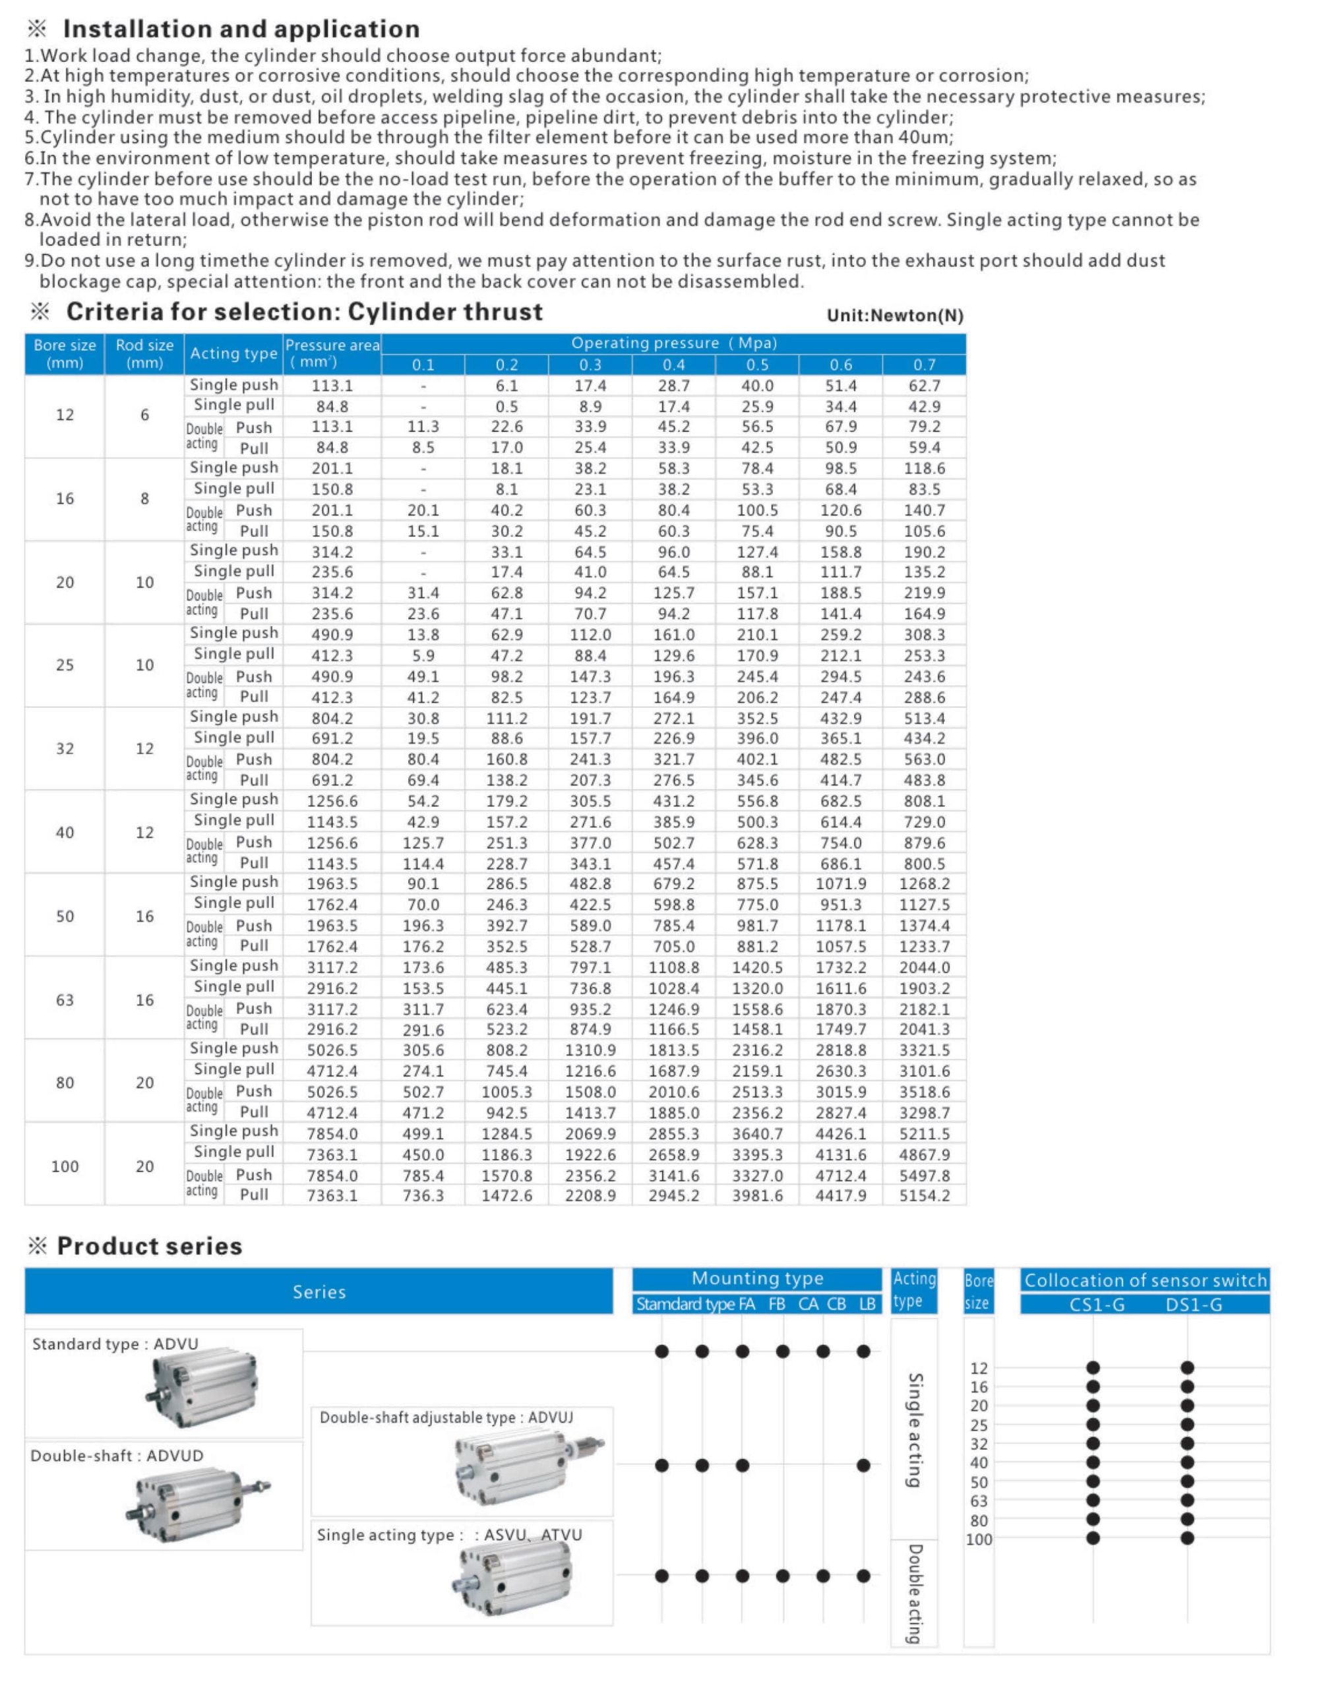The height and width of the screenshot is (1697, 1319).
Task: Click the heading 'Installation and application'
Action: [241, 29]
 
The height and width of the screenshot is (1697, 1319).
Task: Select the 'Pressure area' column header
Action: [332, 353]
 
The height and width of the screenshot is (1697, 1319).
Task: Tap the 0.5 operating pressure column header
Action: [757, 365]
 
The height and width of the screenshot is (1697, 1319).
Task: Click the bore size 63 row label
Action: [65, 999]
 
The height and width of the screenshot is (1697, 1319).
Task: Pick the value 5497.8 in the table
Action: [924, 1175]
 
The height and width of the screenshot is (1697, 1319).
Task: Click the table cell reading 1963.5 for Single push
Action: [332, 883]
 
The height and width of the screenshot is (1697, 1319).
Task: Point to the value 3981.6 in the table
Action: [757, 1196]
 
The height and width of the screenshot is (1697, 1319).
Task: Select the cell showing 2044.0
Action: [924, 967]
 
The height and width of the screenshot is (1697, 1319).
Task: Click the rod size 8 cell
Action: [144, 499]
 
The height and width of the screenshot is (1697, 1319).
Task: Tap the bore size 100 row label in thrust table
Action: [65, 1166]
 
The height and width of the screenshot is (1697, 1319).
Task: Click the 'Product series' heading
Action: [149, 1246]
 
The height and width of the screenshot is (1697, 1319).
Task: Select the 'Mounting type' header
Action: [757, 1279]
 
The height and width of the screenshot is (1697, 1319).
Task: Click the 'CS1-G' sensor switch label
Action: [1097, 1305]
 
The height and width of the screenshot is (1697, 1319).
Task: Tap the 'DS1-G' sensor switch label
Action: [1193, 1305]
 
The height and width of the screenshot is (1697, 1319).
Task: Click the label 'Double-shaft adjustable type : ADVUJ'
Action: [446, 1417]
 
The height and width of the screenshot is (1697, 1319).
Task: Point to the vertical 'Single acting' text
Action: [915, 1431]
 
